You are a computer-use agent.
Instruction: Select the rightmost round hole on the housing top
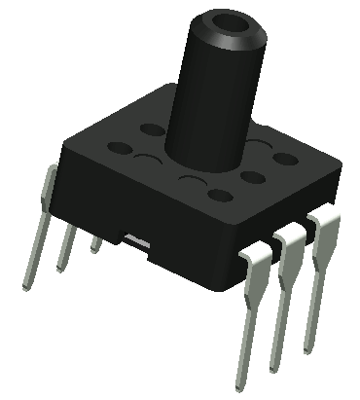click(285, 157)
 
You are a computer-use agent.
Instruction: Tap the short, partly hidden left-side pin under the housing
click(95, 242)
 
